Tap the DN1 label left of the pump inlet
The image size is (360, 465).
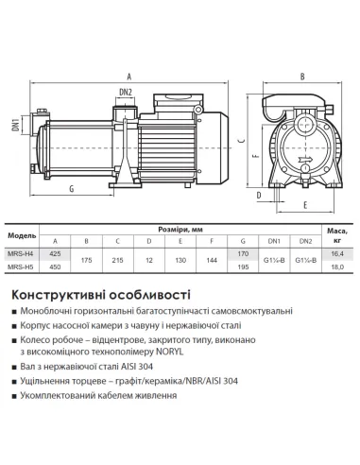coord(15,125)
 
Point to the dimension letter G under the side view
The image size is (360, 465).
coord(71,189)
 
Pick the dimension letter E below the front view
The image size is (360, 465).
coord(304,205)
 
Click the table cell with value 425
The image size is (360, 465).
coord(55,252)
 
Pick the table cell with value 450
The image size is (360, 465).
coord(55,267)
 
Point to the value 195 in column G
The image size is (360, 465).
coord(243,267)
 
